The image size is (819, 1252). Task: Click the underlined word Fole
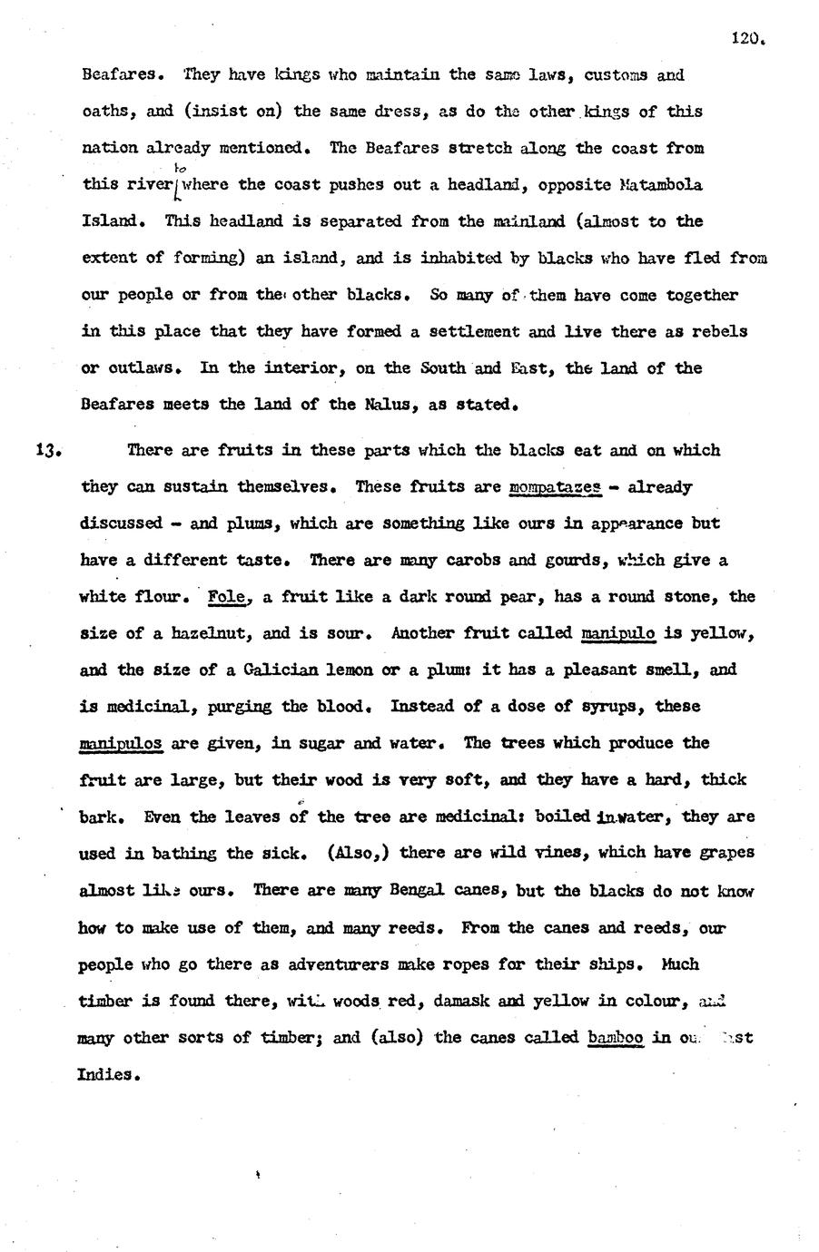pyautogui.click(x=226, y=597)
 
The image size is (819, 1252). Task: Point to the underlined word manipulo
pyautogui.click(x=617, y=633)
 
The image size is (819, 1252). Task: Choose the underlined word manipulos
pyautogui.click(x=121, y=743)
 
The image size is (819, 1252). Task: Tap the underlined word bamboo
pyautogui.click(x=616, y=1037)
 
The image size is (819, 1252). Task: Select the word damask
pyautogui.click(x=444, y=1001)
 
